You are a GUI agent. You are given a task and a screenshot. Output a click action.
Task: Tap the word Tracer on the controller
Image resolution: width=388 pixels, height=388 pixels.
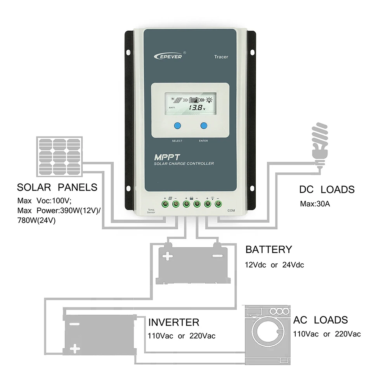[221, 57]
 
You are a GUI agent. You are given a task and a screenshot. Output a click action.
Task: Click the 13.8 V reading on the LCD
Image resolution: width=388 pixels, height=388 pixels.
[194, 108]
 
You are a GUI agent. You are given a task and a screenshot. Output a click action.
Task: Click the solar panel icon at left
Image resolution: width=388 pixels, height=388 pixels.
[59, 156]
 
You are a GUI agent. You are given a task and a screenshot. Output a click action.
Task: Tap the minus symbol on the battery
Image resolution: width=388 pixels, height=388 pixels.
[217, 256]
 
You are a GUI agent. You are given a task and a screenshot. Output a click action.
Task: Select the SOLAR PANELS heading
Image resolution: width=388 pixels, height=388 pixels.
[57, 188]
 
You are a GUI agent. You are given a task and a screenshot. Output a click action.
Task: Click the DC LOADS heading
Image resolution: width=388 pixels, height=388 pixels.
[327, 190]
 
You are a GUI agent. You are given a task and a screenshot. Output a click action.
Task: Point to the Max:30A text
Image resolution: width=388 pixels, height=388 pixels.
[315, 204]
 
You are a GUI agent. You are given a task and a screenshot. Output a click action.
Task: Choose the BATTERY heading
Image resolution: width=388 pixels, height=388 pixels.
[268, 249]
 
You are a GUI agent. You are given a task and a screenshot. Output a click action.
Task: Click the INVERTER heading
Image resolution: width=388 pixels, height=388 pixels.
[174, 322]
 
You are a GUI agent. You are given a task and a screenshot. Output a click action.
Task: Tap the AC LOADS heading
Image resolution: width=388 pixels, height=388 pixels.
[320, 320]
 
